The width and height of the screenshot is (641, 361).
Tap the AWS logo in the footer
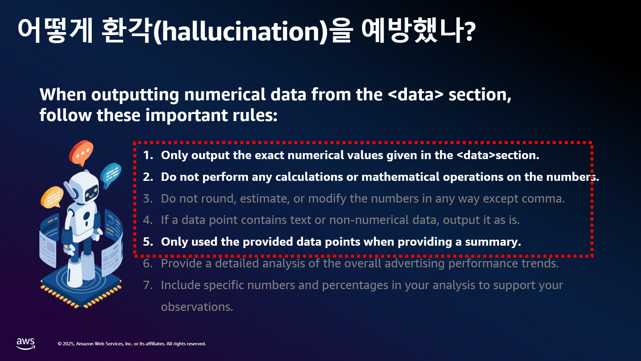pos(26,344)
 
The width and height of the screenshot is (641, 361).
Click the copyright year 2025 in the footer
pos(68,344)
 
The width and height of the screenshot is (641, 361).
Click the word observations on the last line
pos(197,307)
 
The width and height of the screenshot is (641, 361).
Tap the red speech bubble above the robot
pos(81,152)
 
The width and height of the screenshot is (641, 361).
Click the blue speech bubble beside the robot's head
pos(111,174)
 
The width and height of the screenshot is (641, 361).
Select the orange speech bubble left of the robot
pos(52,197)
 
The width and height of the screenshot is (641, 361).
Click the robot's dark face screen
pos(91,193)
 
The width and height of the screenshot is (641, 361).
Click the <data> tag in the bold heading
pos(416,95)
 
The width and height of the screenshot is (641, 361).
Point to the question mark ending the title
pos(470,31)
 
